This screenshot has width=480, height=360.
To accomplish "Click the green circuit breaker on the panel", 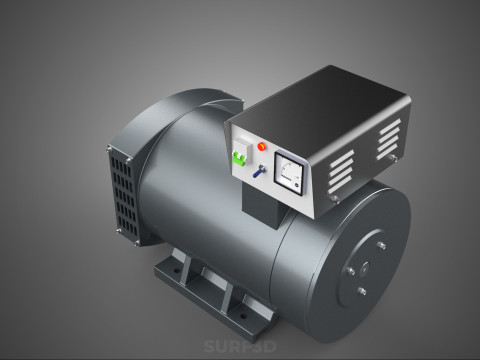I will click(x=240, y=156).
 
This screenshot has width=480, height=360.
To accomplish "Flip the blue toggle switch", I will click(x=258, y=171).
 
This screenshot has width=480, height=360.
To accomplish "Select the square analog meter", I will click(x=287, y=173).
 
